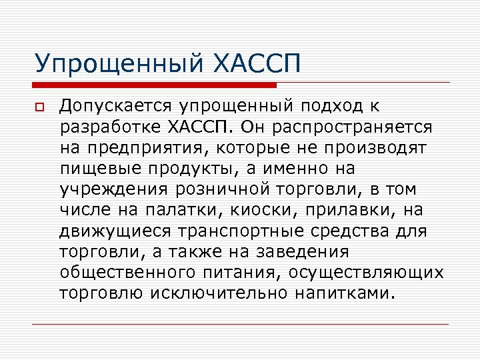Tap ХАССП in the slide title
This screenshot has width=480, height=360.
[x=256, y=65]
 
